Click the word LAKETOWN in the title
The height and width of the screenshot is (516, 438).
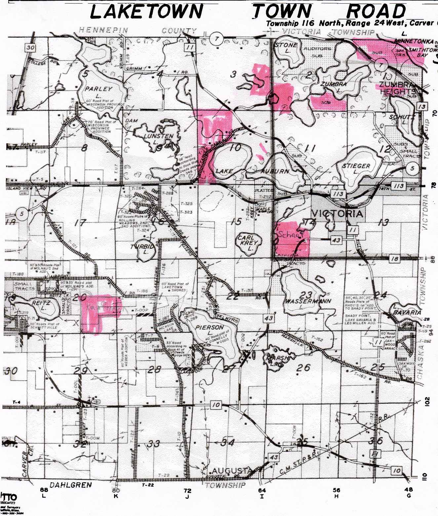pyautogui.click(x=146, y=12)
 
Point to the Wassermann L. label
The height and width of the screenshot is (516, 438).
pyautogui.click(x=302, y=301)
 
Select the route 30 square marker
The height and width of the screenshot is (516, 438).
pyautogui.click(x=31, y=47)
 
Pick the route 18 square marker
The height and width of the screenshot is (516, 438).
pyautogui.click(x=394, y=259)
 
